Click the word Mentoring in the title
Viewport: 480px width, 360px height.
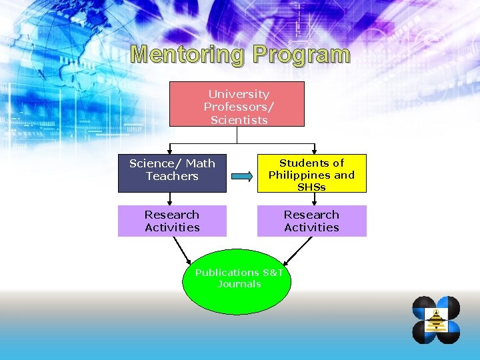point(186,55)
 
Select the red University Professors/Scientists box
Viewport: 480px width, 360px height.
point(237,104)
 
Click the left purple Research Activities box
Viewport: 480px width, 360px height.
point(172,221)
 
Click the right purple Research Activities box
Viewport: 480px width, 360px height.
point(311,221)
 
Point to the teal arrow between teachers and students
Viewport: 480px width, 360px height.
point(242,177)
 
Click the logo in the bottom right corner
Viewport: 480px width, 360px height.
point(436,320)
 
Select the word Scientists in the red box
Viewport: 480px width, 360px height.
point(239,120)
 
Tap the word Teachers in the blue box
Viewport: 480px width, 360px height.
point(172,177)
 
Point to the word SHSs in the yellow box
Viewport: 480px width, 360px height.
point(311,187)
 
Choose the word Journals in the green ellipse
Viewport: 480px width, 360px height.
point(239,284)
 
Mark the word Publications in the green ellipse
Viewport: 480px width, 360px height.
point(227,273)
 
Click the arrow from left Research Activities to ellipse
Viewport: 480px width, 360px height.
point(181,249)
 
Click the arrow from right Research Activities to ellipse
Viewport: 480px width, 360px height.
point(297,249)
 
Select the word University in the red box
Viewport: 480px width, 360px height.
point(239,94)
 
